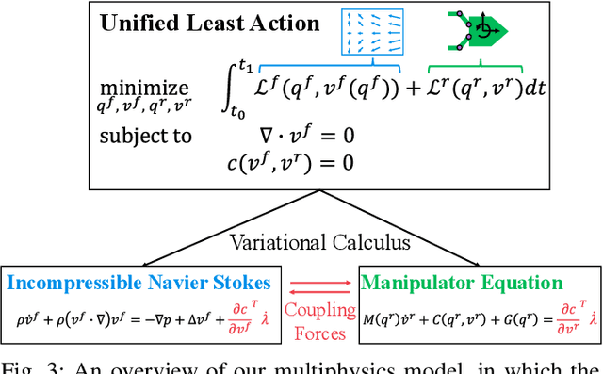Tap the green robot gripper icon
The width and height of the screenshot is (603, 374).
(477, 30)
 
